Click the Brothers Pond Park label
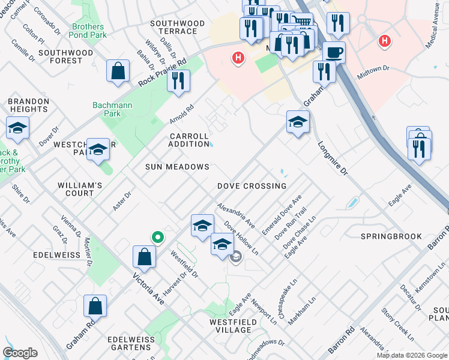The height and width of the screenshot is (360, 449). click(88, 31)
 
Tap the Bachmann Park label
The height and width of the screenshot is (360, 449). click(108, 110)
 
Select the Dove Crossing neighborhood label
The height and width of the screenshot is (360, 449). click(252, 186)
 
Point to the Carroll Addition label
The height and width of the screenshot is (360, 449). click(188, 140)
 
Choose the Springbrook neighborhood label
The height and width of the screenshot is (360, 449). click(391, 236)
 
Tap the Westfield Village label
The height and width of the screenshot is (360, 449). click(221, 326)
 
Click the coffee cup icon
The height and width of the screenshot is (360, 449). click(334, 52)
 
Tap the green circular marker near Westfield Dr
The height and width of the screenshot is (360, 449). click(158, 237)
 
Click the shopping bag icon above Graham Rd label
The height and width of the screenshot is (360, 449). click(95, 306)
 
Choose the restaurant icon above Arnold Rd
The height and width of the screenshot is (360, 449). click(178, 81)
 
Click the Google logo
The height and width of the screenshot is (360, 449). click(20, 353)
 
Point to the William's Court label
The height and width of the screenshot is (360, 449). click(76, 189)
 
